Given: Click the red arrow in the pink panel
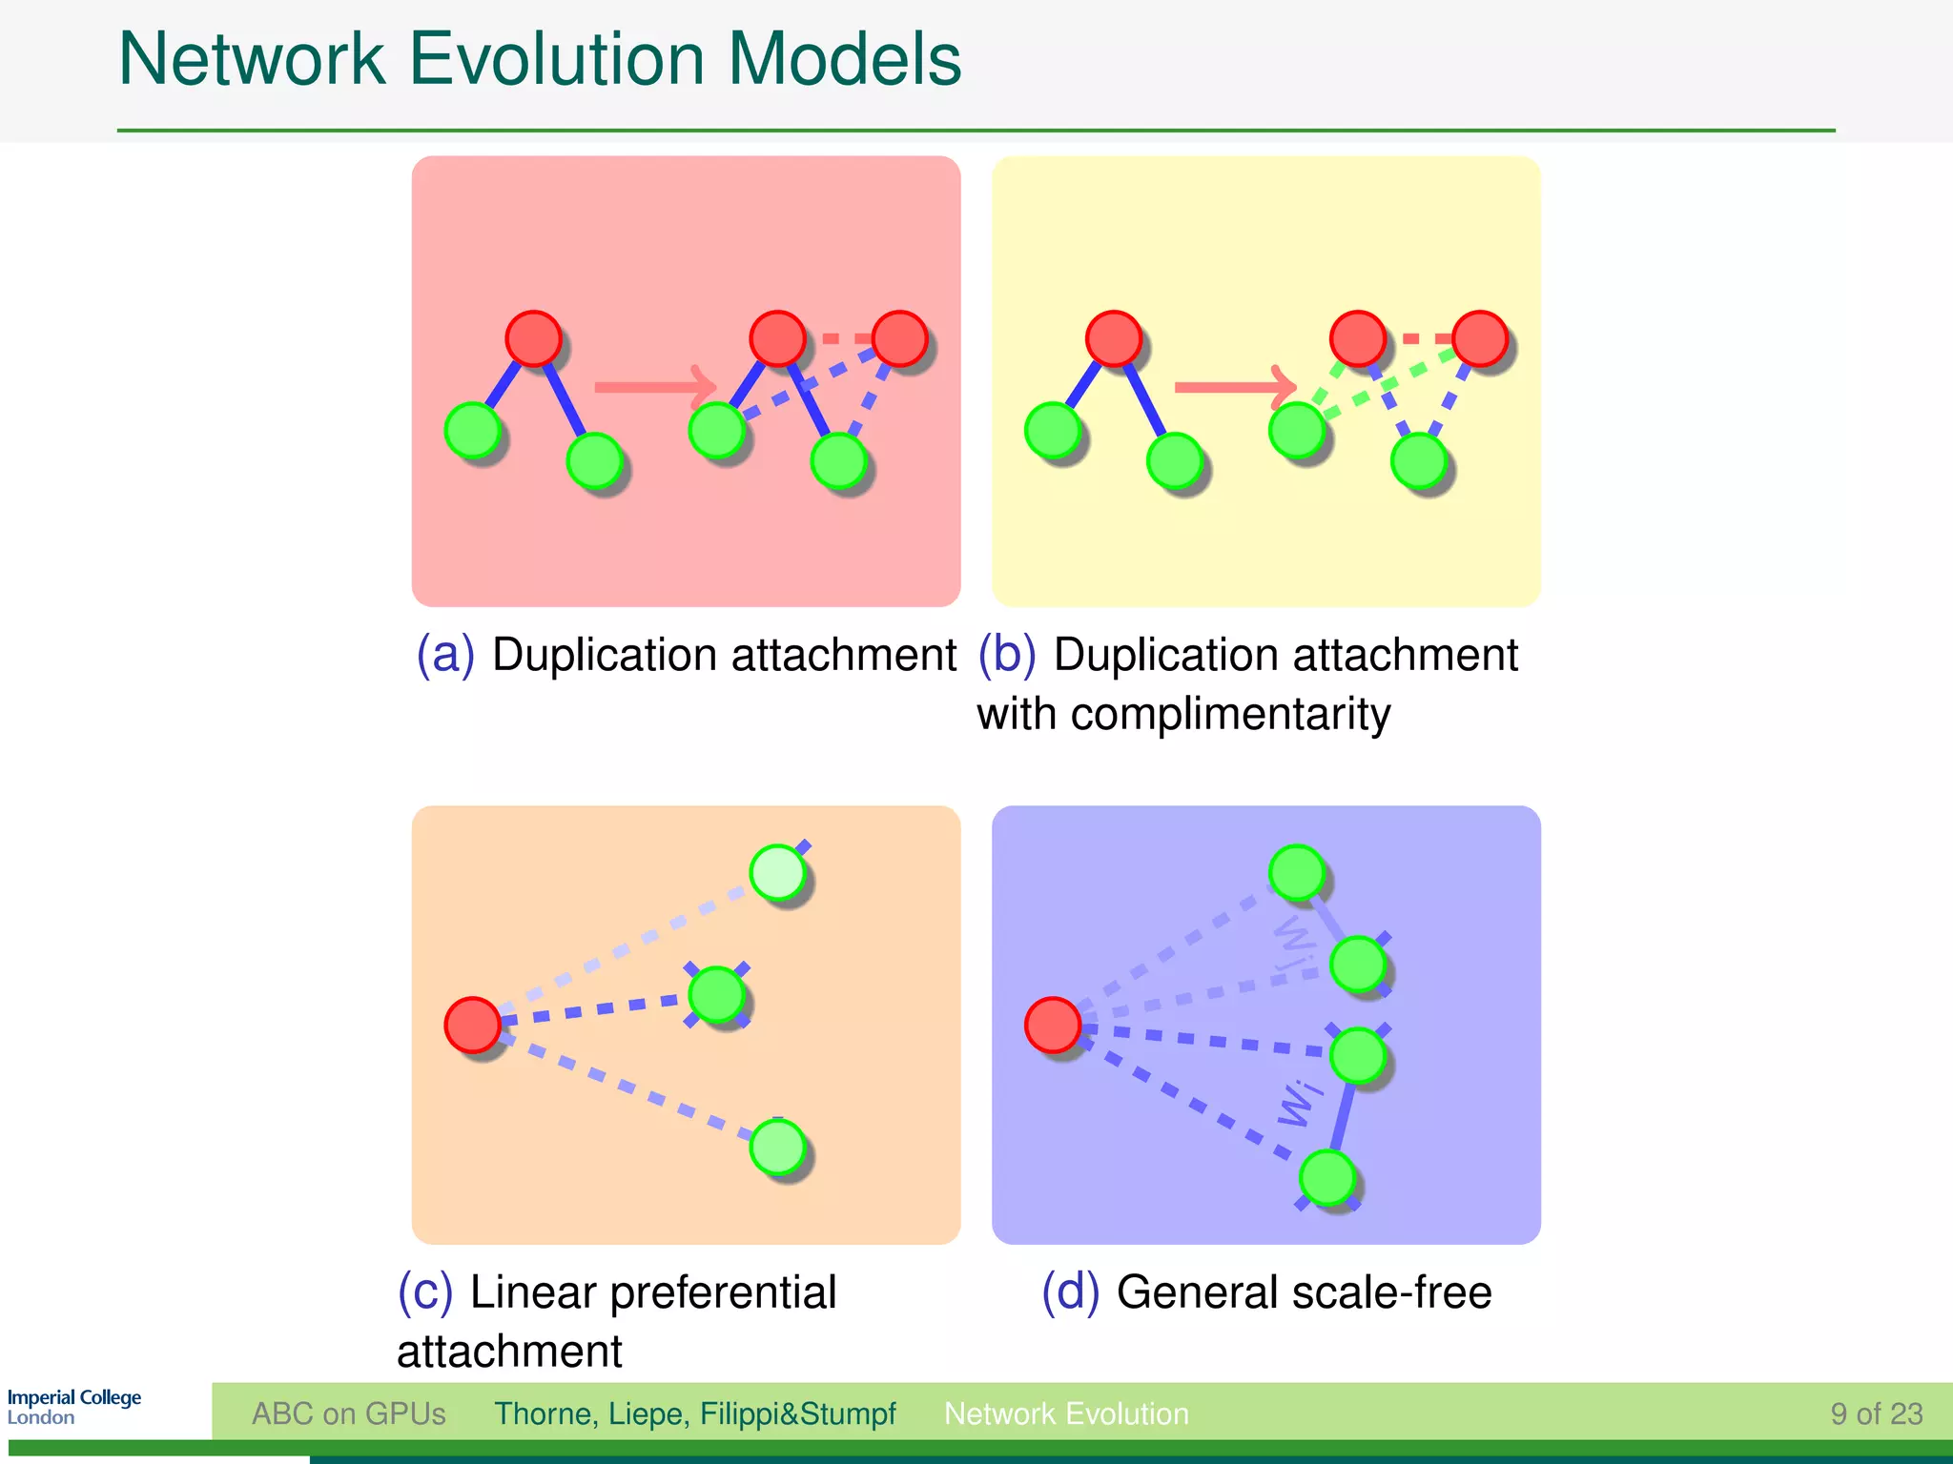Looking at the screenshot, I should (654, 387).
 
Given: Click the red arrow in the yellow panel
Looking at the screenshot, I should (1234, 387).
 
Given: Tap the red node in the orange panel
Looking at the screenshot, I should (473, 1025).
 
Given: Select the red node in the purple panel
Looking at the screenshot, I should (1053, 1025).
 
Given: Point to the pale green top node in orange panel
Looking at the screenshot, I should (778, 872).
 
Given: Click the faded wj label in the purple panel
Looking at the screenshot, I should (1296, 940).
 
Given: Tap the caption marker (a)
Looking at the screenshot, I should (445, 656).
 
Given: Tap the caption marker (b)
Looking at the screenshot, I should (1007, 656).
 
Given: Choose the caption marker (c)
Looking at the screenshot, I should (425, 1292).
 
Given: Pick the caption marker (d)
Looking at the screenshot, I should (1070, 1292).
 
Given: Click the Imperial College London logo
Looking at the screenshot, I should (73, 1407).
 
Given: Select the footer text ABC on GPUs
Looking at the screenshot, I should (348, 1413).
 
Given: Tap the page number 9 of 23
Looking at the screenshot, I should (1876, 1413).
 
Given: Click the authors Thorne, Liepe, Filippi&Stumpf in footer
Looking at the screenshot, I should (694, 1413).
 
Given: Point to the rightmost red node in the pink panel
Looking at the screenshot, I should (899, 338).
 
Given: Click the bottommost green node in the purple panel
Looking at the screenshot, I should (1327, 1177).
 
